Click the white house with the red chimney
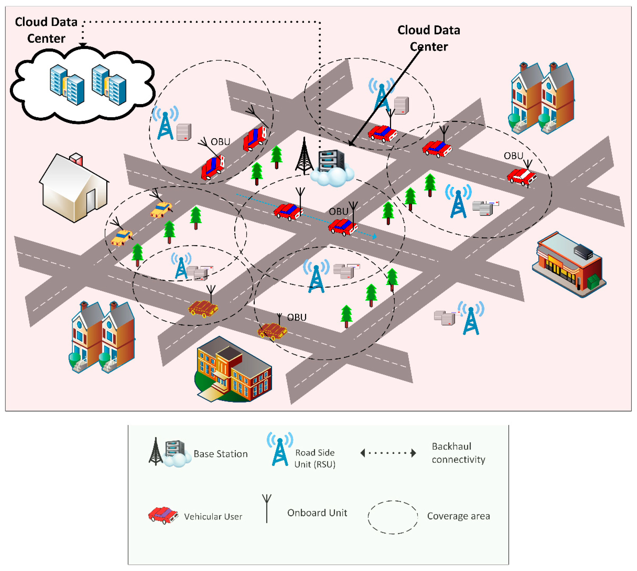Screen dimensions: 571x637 tap(74, 188)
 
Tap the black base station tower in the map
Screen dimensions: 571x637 tap(304, 157)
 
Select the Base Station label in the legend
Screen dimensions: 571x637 tap(221, 454)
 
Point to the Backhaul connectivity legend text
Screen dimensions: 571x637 tap(458, 453)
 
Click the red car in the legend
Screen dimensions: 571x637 tap(163, 515)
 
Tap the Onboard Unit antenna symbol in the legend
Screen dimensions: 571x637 tap(267, 508)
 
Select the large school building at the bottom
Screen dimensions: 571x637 tap(234, 370)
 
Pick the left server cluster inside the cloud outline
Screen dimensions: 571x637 tap(67, 85)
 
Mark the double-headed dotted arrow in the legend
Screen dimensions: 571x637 tap(388, 453)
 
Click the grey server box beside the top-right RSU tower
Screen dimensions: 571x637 tap(401, 105)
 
